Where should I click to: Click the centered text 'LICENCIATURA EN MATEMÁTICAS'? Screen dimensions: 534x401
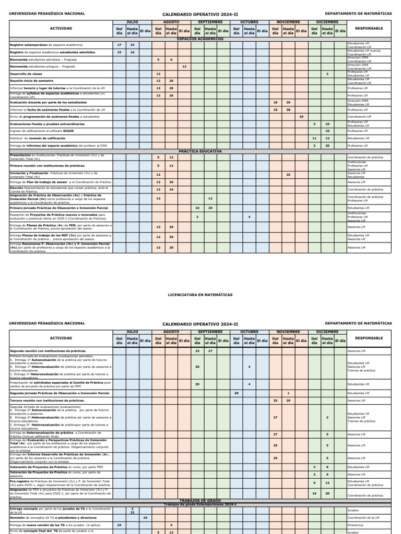pos(200,295)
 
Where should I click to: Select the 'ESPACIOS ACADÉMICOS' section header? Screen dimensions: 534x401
pos(200,39)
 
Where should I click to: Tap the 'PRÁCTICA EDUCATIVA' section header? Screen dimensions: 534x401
pos(200,151)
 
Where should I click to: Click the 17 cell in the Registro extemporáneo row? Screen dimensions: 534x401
pos(119,45)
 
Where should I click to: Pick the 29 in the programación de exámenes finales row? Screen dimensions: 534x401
pos(301,117)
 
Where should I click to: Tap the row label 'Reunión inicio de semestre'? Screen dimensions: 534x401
pos(31,81)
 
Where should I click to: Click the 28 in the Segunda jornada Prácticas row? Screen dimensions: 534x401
pos(237,393)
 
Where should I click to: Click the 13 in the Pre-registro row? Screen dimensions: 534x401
pos(327,482)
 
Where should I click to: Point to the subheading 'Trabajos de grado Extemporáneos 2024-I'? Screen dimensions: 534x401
pos(200,504)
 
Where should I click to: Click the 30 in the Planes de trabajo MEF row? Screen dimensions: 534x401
pos(171,237)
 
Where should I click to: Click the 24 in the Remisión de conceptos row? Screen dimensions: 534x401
pos(145,518)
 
